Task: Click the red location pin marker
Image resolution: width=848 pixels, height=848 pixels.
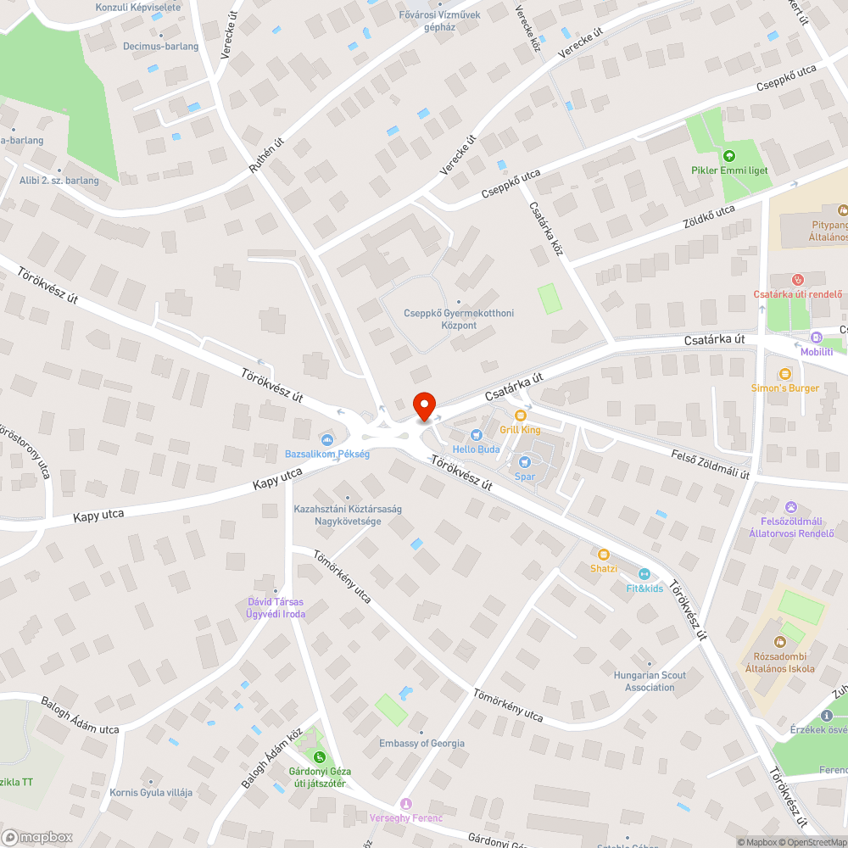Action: click(423, 405)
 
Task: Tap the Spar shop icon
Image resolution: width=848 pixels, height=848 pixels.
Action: click(524, 461)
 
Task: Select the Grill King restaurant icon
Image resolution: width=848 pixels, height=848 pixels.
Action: click(521, 416)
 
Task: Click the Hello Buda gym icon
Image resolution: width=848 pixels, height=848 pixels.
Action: click(476, 434)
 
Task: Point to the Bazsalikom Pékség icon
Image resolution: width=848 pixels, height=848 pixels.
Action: click(327, 439)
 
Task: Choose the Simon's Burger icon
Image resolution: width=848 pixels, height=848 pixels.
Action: click(785, 373)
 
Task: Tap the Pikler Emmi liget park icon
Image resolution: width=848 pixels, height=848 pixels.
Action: click(728, 155)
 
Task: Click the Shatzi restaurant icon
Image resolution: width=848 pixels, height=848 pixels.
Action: click(604, 554)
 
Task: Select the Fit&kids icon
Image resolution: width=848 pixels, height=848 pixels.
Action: click(644, 574)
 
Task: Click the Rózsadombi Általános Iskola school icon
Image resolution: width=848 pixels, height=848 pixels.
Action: click(779, 642)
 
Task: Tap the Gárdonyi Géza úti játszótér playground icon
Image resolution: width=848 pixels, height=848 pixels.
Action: click(320, 756)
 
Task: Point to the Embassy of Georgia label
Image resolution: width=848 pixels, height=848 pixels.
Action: click(421, 744)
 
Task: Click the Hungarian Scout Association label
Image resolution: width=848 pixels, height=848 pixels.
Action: click(650, 681)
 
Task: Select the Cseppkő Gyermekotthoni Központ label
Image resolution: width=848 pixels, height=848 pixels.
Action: click(459, 319)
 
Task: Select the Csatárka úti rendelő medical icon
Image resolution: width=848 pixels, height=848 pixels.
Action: click(797, 280)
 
